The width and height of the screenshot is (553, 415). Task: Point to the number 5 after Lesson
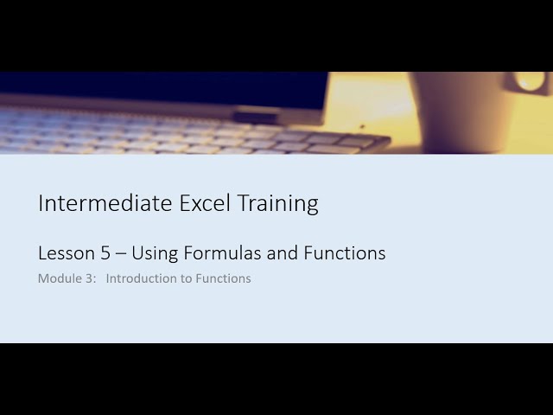point(106,253)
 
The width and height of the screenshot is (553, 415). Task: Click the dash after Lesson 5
point(121,254)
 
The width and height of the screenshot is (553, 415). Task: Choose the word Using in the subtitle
point(152,254)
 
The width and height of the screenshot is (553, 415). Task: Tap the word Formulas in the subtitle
point(216,253)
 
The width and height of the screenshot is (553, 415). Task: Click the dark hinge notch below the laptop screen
point(256,118)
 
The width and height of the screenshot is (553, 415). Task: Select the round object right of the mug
point(531,82)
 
